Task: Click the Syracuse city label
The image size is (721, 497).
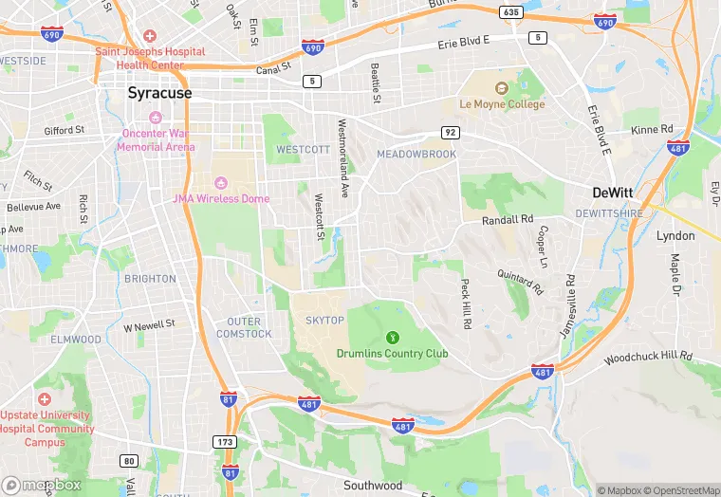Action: pyautogui.click(x=159, y=93)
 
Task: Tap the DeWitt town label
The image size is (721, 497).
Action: pyautogui.click(x=613, y=192)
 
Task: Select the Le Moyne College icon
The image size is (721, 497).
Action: pyautogui.click(x=502, y=88)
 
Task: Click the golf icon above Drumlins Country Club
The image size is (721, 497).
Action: pyautogui.click(x=392, y=337)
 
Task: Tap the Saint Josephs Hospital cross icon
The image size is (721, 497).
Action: pyautogui.click(x=150, y=36)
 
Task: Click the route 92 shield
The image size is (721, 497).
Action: pyautogui.click(x=450, y=132)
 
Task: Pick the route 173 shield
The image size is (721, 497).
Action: pyautogui.click(x=225, y=442)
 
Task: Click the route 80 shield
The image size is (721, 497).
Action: pyautogui.click(x=129, y=461)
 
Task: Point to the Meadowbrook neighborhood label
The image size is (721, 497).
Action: pyautogui.click(x=416, y=154)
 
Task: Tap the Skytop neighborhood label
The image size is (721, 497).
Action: pyautogui.click(x=325, y=321)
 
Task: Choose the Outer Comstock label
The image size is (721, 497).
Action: pyautogui.click(x=244, y=327)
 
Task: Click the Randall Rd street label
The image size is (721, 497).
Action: pyautogui.click(x=508, y=219)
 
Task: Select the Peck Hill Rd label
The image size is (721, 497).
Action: pyautogui.click(x=465, y=304)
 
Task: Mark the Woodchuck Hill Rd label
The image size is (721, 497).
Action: pyautogui.click(x=648, y=358)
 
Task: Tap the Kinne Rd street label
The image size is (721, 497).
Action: pyautogui.click(x=652, y=130)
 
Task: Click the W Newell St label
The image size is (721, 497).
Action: pyautogui.click(x=150, y=325)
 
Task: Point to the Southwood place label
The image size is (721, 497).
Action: pyautogui.click(x=373, y=486)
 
